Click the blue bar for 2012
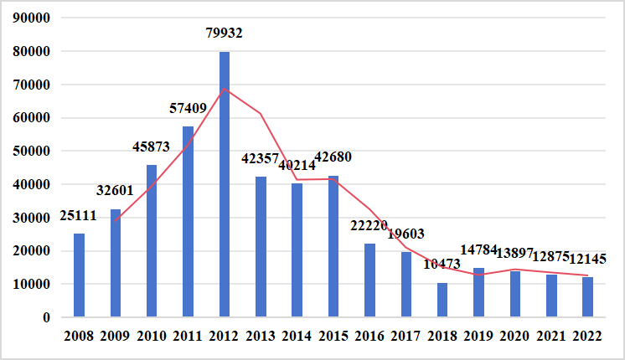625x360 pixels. [x=225, y=184]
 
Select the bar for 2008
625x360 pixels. [x=79, y=275]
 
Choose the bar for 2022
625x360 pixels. [x=588, y=297]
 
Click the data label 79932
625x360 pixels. [x=225, y=33]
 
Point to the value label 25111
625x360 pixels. [x=79, y=217]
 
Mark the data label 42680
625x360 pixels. [x=336, y=157]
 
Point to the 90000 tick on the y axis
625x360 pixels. [x=34, y=18]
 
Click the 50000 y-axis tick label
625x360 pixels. [x=34, y=152]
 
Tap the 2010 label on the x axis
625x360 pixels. [x=152, y=337]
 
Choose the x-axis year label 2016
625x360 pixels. [x=369, y=337]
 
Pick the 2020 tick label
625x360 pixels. [x=515, y=337]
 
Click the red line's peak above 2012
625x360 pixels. [x=225, y=89]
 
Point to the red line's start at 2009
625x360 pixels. [x=116, y=221]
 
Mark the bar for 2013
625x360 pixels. [x=261, y=247]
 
